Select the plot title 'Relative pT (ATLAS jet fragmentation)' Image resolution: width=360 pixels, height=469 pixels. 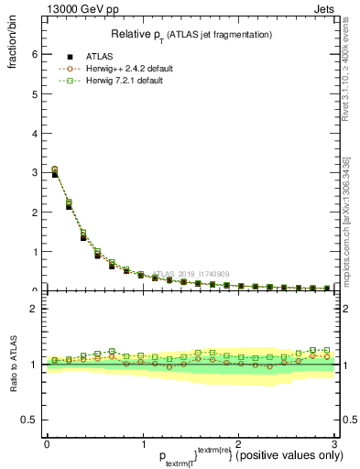tap(191, 35)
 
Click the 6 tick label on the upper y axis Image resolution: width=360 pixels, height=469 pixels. tap(34, 54)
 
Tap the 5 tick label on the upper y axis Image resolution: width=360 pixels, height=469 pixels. tap(34, 93)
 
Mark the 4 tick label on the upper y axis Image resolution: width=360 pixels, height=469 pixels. tap(34, 133)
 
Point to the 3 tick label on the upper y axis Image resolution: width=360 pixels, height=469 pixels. tap(34, 172)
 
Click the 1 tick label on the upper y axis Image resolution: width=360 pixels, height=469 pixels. tap(34, 251)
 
